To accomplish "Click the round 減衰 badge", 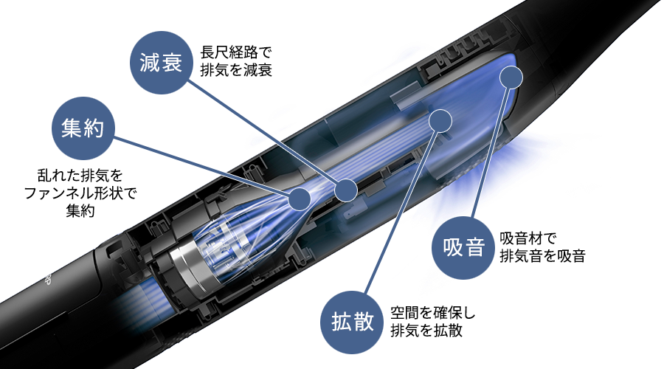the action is [x=162, y=62].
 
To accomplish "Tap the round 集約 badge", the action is [x=83, y=128].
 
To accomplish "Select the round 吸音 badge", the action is [x=464, y=247].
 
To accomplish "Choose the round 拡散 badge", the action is [x=353, y=322].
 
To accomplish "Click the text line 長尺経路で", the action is [x=236, y=52].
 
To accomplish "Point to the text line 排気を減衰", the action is [x=236, y=70].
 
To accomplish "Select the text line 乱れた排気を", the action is [x=80, y=175].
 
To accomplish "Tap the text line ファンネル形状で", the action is [x=80, y=193].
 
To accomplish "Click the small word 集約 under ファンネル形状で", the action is [x=80, y=210].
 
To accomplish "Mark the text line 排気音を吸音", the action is [x=542, y=255].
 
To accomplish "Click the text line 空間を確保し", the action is [x=433, y=313].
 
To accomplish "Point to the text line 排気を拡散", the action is [x=426, y=331].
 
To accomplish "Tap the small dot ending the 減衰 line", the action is [x=346, y=190].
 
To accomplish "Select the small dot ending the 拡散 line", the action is [x=440, y=121].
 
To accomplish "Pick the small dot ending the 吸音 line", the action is [x=511, y=77].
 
